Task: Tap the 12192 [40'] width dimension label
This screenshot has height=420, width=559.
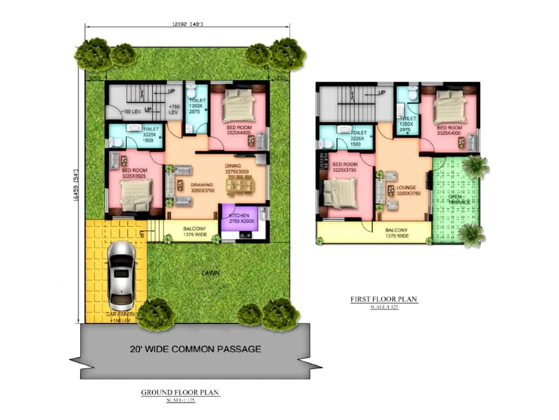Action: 187,24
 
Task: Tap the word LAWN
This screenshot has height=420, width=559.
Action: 211,273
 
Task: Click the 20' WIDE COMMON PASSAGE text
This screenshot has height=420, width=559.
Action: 195,349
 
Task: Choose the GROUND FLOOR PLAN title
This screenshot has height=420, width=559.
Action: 180,392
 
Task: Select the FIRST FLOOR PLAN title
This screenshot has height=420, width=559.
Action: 384,299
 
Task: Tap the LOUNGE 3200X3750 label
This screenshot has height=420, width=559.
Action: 408,190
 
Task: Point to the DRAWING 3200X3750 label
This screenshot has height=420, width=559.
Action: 202,188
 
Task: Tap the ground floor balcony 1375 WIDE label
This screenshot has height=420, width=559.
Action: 195,231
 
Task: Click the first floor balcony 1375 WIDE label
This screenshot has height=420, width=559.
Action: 397,233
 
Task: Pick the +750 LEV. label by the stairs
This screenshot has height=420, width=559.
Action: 174,109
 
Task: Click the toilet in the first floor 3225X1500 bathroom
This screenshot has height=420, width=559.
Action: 325,144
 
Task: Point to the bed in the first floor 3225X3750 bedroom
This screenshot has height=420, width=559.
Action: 340,192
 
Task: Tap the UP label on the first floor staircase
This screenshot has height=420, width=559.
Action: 382,92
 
